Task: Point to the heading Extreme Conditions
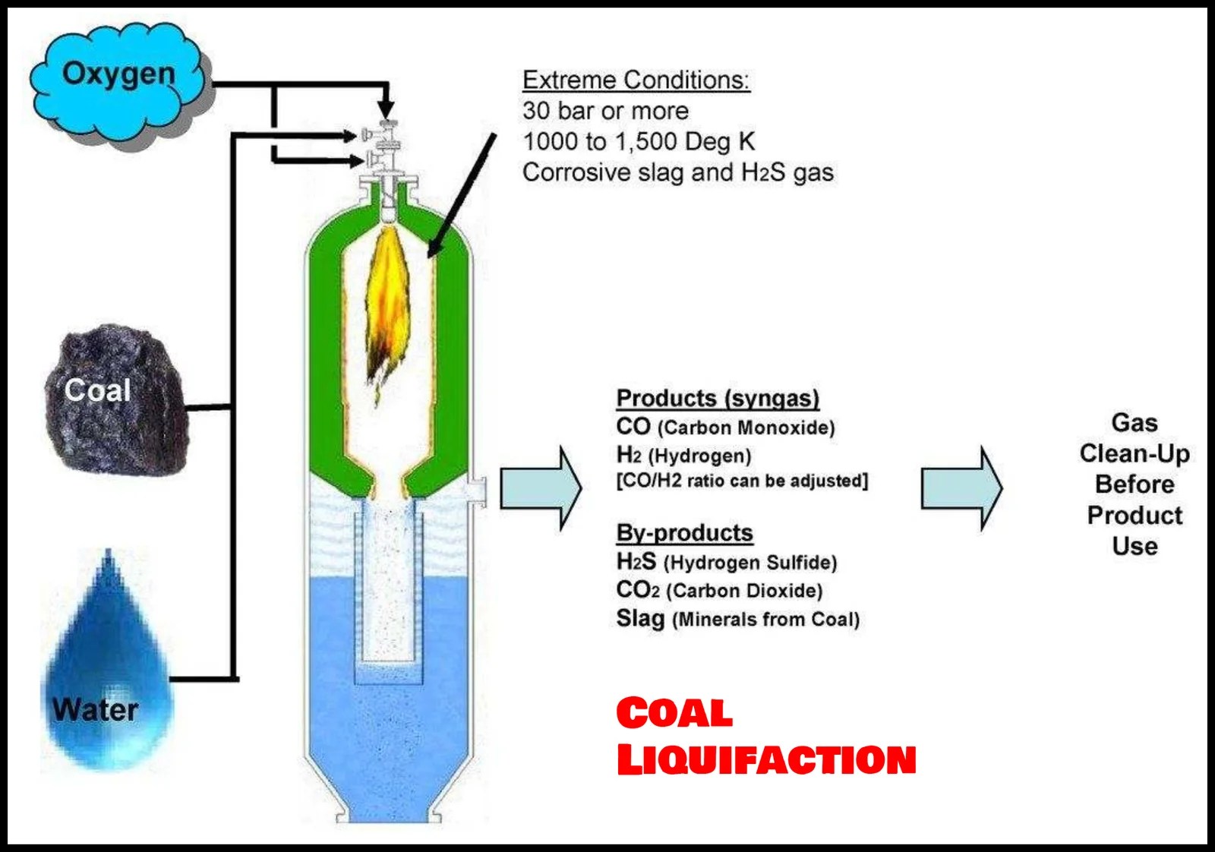click(636, 80)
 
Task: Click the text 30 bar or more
click(605, 111)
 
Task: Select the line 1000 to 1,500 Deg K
click(638, 141)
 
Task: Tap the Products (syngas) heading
click(718, 398)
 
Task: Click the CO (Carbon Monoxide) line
click(725, 427)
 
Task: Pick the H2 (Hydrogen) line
click(683, 455)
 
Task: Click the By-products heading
click(684, 532)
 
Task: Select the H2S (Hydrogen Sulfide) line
click(726, 562)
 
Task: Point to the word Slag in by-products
click(639, 618)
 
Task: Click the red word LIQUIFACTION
click(765, 759)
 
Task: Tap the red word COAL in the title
click(674, 713)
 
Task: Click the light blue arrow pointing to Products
click(540, 488)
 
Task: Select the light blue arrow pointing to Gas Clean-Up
click(961, 488)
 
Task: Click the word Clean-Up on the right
click(1135, 453)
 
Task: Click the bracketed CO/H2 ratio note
click(742, 481)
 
